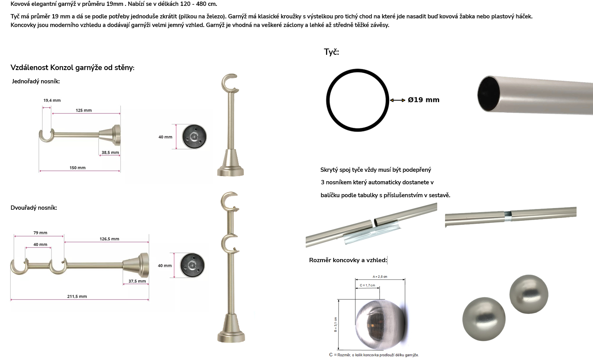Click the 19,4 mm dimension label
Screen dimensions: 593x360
click(52, 100)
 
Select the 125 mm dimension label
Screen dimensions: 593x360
click(84, 110)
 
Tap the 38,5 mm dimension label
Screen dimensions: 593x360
click(110, 153)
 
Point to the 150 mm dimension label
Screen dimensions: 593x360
click(78, 167)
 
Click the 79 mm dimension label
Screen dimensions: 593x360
click(40, 233)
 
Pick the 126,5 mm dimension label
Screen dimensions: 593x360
click(109, 239)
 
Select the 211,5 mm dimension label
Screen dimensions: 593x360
click(77, 296)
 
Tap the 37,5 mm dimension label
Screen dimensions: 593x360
click(137, 281)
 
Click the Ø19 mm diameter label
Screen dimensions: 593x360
click(424, 100)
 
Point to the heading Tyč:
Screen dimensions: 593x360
click(332, 52)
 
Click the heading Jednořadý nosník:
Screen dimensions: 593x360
click(36, 81)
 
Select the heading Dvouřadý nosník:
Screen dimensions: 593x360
click(34, 208)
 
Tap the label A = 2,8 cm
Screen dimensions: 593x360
click(380, 277)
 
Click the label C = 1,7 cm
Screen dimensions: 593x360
click(368, 285)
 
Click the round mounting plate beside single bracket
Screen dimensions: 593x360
click(194, 137)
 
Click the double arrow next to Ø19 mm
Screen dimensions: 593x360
click(398, 100)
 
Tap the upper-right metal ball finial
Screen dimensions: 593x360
click(529, 294)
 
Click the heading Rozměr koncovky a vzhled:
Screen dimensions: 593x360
click(348, 260)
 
